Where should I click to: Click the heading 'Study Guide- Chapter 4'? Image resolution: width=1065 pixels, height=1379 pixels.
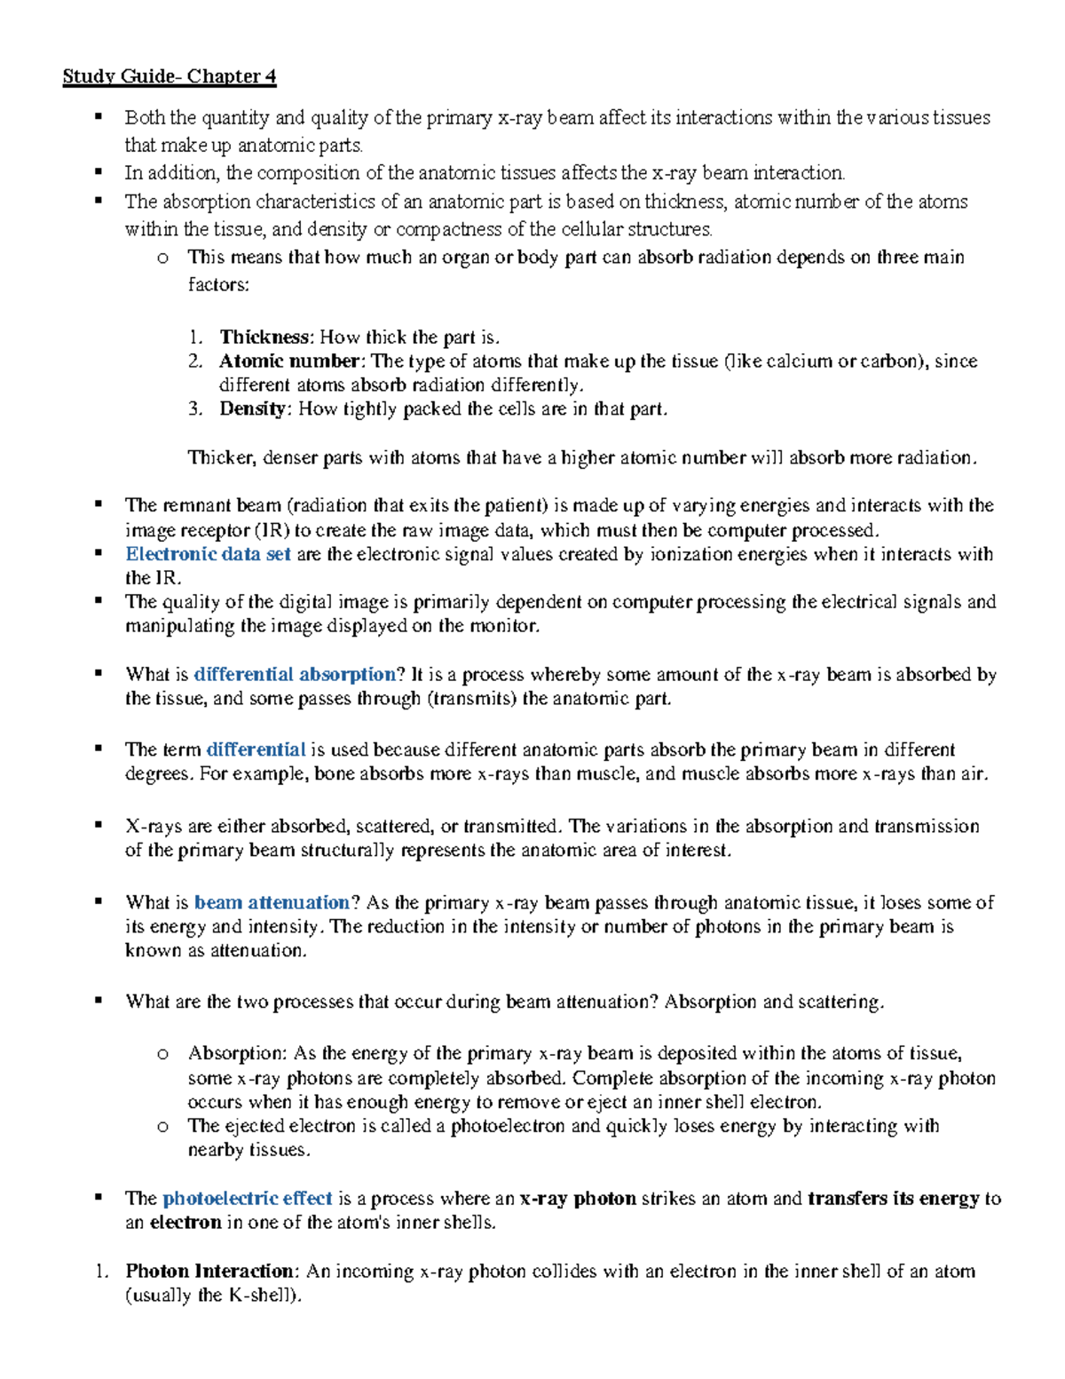pos(169,76)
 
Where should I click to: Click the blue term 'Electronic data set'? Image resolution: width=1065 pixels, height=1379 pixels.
pos(208,554)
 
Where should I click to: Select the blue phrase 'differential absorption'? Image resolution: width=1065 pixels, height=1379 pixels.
pos(295,675)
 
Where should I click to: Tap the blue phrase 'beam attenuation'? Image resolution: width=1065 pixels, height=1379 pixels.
pos(272,903)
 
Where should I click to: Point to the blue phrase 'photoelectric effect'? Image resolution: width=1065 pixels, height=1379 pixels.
pos(248,1199)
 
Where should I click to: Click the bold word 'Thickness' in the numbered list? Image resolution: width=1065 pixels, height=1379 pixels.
pos(265,337)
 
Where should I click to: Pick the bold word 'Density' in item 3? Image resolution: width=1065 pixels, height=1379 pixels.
pos(254,409)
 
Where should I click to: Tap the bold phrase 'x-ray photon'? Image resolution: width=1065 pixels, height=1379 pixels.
pos(578,1199)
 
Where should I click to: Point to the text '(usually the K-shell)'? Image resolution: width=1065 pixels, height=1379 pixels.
pos(214,1296)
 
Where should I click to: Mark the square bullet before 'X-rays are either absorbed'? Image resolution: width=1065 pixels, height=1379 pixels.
pos(99,825)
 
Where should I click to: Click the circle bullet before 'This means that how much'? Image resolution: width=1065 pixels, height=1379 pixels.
pos(162,258)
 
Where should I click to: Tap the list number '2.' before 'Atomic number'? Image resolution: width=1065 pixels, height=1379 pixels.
pos(195,361)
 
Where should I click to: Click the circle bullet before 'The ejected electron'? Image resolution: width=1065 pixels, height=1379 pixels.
pos(162,1127)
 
